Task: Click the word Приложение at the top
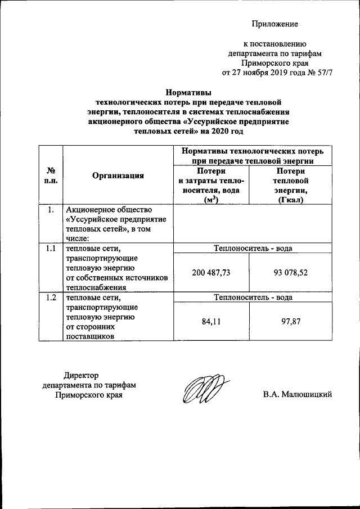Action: pos(274,24)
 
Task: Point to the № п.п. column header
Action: pos(50,175)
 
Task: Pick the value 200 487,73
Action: pos(211,272)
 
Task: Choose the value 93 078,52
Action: pos(289,272)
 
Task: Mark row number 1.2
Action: pos(50,298)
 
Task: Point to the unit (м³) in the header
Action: pos(211,201)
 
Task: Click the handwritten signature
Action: pos(204,389)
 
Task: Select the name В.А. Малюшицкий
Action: pos(298,394)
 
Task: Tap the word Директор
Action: pos(81,375)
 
